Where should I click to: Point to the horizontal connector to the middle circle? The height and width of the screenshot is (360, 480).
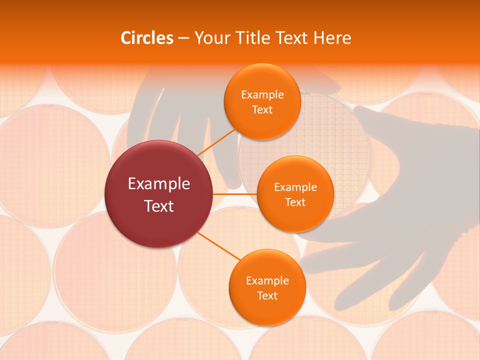click(x=235, y=194)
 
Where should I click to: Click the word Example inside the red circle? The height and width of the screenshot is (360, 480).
click(x=158, y=183)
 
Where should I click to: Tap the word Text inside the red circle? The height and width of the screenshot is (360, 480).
click(x=158, y=206)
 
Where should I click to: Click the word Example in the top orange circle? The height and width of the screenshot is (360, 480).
click(x=262, y=94)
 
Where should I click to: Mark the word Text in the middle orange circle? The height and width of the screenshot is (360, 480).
click(x=295, y=202)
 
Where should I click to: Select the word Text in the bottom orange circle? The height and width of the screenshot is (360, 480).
click(x=267, y=295)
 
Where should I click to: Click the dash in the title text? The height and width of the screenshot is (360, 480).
click(x=183, y=38)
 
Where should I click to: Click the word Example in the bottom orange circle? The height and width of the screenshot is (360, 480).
click(x=267, y=280)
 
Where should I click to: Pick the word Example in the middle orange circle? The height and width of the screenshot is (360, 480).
click(x=295, y=187)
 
